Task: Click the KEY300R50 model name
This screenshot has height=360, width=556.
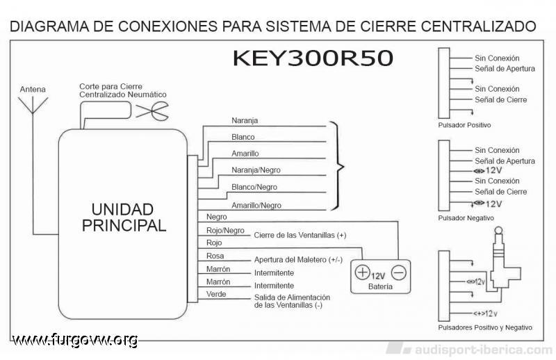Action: click(x=313, y=58)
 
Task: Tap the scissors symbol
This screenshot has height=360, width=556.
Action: click(x=152, y=111)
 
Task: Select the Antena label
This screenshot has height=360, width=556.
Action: click(x=33, y=90)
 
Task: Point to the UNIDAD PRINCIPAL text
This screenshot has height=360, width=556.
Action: click(x=124, y=218)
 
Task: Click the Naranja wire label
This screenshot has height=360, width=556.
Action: click(x=245, y=121)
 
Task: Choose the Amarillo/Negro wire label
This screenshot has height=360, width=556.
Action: click(x=256, y=205)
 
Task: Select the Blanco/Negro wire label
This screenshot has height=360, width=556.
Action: click(x=254, y=187)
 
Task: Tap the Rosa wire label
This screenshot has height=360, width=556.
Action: click(x=215, y=256)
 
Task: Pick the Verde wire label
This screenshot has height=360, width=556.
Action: click(x=216, y=294)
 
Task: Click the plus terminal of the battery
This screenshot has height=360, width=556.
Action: click(x=362, y=272)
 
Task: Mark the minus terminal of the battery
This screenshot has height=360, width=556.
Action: click(x=399, y=272)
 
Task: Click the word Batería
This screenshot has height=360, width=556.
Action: click(x=380, y=286)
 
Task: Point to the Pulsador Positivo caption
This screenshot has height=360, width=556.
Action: click(x=464, y=125)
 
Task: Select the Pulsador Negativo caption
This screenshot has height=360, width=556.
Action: click(x=466, y=218)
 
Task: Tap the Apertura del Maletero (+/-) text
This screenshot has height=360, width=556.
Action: click(x=298, y=260)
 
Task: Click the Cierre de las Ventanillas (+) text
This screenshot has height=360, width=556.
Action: click(x=300, y=235)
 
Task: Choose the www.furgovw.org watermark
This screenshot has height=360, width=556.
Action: click(x=75, y=340)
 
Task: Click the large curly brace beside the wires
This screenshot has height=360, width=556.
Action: click(x=338, y=166)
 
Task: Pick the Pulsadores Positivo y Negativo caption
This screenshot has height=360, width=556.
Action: click(x=485, y=328)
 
